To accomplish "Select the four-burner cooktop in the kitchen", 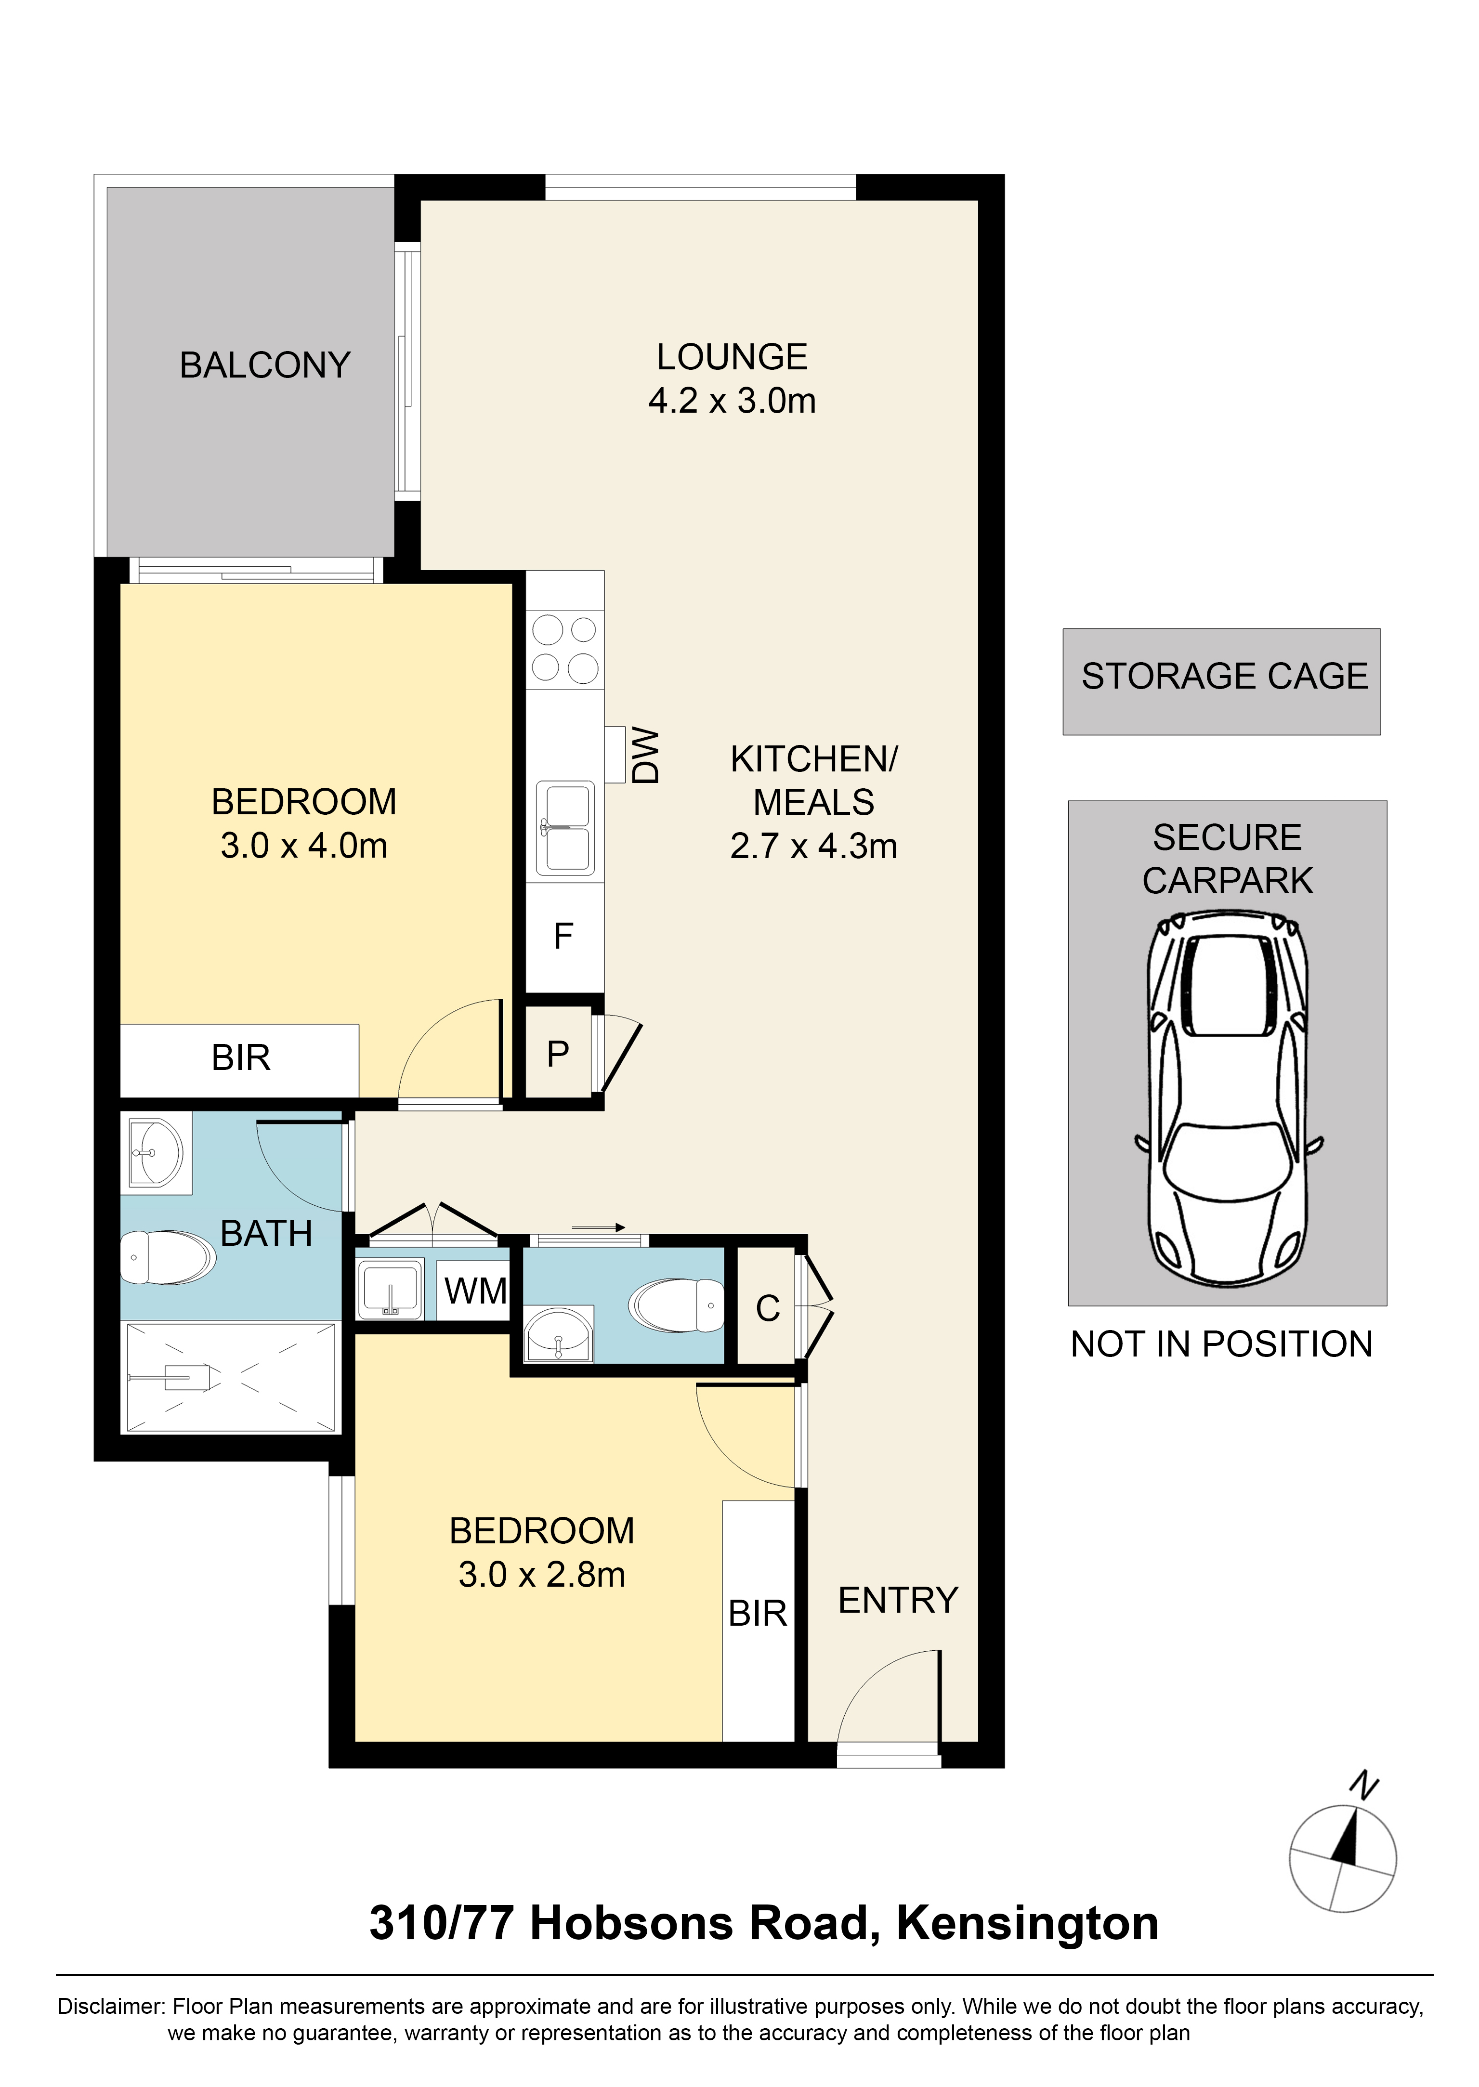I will (x=564, y=649).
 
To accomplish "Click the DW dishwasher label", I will (x=645, y=755).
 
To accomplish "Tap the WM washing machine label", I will (x=474, y=1291).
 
